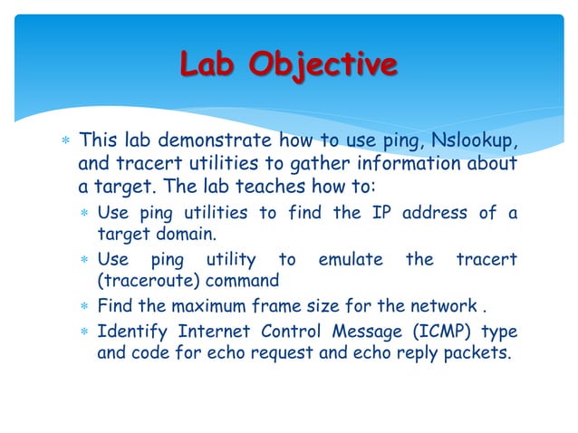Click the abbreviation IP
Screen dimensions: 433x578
pyautogui.click(x=380, y=213)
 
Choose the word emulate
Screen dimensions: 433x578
pyautogui.click(x=351, y=259)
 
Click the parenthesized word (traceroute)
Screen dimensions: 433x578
pyautogui.click(x=147, y=281)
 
